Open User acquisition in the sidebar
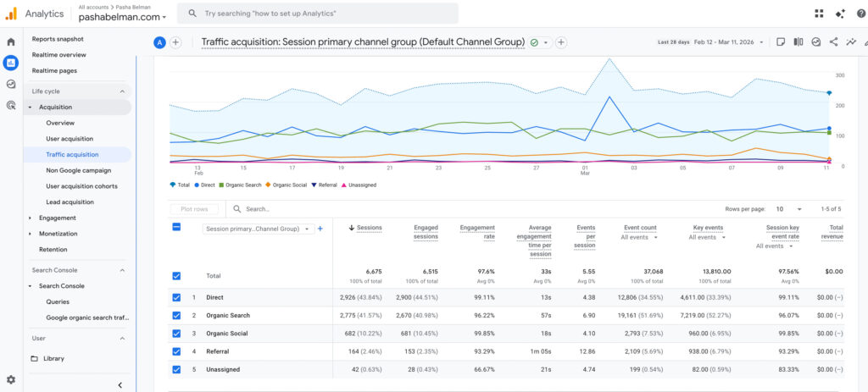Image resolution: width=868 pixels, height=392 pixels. [x=70, y=139]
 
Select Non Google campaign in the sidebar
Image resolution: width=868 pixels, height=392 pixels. [x=78, y=170]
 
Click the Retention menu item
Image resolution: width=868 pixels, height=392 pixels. [x=53, y=249]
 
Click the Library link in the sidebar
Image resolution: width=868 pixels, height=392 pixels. [x=53, y=358]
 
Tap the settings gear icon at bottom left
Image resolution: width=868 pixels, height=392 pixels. [x=11, y=380]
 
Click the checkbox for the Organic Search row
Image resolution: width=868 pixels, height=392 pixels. [x=176, y=315]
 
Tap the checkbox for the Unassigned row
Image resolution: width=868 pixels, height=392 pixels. [x=176, y=369]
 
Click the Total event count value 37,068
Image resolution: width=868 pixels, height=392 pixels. [x=641, y=271]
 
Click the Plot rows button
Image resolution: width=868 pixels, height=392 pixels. [x=193, y=209]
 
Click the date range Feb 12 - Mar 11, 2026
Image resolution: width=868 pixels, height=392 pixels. [x=726, y=42]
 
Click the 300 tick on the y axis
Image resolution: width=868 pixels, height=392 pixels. [x=840, y=75]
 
